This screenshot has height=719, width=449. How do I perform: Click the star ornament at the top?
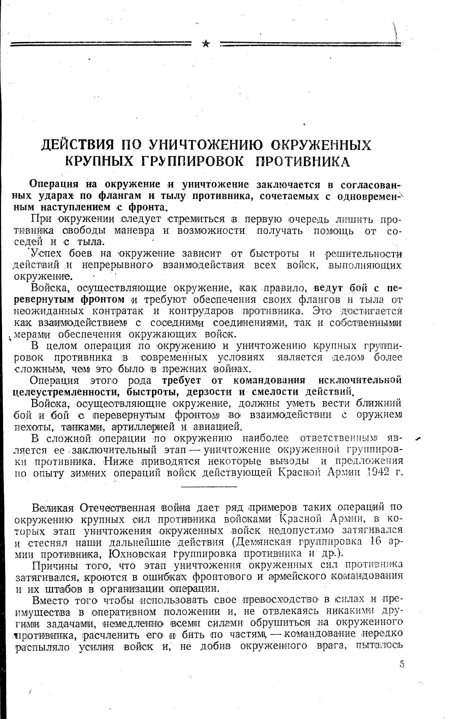[x=206, y=44]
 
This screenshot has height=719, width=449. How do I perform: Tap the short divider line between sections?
[x=209, y=487]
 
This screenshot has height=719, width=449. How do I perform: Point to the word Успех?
[x=47, y=254]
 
